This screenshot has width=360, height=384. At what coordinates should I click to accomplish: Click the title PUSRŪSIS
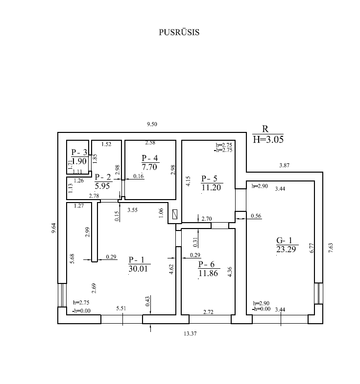click(179, 32)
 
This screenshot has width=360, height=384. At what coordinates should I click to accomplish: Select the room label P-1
click(137, 260)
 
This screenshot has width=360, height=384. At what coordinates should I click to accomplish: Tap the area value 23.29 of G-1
click(286, 249)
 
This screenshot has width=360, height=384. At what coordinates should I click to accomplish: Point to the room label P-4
click(150, 158)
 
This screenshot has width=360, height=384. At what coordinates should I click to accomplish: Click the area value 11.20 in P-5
click(211, 188)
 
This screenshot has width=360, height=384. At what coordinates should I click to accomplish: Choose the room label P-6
click(206, 264)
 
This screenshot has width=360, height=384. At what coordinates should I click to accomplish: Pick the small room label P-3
click(79, 153)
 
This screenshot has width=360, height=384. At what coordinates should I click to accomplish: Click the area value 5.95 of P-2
click(102, 186)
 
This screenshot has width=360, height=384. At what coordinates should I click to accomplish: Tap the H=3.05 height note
click(268, 140)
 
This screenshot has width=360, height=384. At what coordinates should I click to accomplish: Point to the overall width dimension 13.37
click(190, 333)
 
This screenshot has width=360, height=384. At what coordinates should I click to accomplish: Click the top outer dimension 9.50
click(152, 124)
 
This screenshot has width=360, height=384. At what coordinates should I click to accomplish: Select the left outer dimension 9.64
click(54, 228)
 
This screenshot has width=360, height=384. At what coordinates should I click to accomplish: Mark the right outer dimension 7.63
click(331, 248)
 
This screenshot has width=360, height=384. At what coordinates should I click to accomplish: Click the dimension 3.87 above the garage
click(284, 165)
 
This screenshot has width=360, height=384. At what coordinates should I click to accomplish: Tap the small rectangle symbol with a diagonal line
click(175, 214)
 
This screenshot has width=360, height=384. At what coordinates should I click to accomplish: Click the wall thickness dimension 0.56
click(256, 216)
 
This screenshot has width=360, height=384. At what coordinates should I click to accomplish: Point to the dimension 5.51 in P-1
click(121, 308)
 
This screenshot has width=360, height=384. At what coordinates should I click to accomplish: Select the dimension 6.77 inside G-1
click(312, 248)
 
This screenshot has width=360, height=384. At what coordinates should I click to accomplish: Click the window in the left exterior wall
click(62, 295)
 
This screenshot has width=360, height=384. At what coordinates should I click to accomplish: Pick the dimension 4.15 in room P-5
click(188, 181)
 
